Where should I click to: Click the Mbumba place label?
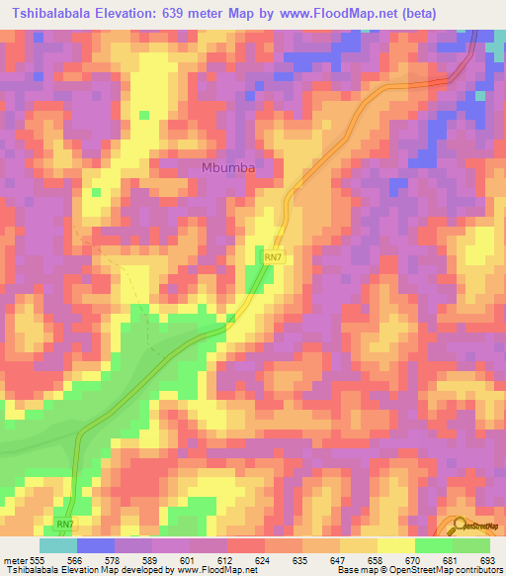(x=228, y=167)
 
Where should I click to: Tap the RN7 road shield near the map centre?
(x=274, y=257)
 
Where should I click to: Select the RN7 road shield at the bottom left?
(x=65, y=524)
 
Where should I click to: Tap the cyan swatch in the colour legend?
(x=58, y=545)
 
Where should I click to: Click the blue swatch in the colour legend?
(x=96, y=545)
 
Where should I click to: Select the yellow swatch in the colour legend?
(x=395, y=545)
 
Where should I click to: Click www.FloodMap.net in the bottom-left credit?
(x=211, y=570)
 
